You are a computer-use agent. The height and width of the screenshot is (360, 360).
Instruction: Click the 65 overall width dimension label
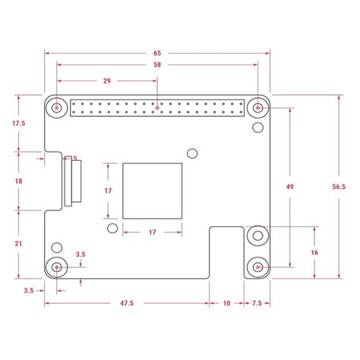[x=157, y=53]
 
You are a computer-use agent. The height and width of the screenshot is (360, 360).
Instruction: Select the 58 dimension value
[x=157, y=65]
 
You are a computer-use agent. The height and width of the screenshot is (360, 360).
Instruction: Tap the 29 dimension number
[x=107, y=81]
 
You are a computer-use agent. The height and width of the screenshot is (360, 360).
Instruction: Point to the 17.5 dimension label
[x=19, y=123]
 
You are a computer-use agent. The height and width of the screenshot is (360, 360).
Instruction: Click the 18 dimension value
[x=18, y=181]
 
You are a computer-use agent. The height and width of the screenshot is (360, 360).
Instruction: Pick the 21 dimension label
[x=18, y=244]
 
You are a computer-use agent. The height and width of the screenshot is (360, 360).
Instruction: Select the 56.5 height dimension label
[x=339, y=187]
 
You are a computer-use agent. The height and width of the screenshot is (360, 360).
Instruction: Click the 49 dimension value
[x=289, y=187]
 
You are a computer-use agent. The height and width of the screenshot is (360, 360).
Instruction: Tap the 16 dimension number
[x=314, y=252]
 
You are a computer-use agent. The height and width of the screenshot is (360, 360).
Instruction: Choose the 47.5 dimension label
[x=127, y=303]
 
